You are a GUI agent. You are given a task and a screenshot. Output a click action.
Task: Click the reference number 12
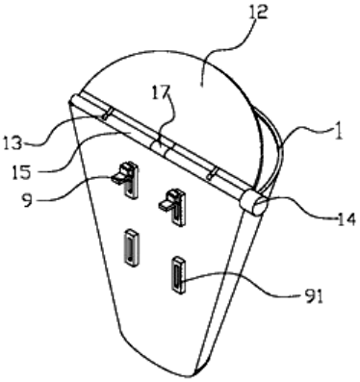[258, 13]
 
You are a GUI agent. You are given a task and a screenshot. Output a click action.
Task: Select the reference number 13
[13, 142]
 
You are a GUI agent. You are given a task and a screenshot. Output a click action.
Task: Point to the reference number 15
[21, 172]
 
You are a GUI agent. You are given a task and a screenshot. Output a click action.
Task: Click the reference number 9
[28, 201]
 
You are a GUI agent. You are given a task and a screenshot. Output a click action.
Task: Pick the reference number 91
[313, 296]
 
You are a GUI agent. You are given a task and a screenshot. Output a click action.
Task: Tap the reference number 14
[346, 219]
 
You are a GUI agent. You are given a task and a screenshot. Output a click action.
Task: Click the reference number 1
[337, 132]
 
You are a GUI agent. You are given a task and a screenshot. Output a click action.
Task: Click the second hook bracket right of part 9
[173, 206]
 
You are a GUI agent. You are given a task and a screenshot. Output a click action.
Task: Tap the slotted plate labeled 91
[178, 275]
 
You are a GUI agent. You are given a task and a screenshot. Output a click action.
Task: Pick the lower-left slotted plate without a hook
[131, 247]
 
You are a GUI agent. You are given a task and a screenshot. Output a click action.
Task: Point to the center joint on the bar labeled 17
[162, 146]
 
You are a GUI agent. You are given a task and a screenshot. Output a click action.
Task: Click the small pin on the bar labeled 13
[107, 115]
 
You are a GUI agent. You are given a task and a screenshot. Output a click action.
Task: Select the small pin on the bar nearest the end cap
[213, 172]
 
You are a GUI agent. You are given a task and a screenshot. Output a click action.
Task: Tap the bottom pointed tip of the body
[193, 376]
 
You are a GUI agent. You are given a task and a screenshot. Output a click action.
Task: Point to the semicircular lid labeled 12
[180, 96]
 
